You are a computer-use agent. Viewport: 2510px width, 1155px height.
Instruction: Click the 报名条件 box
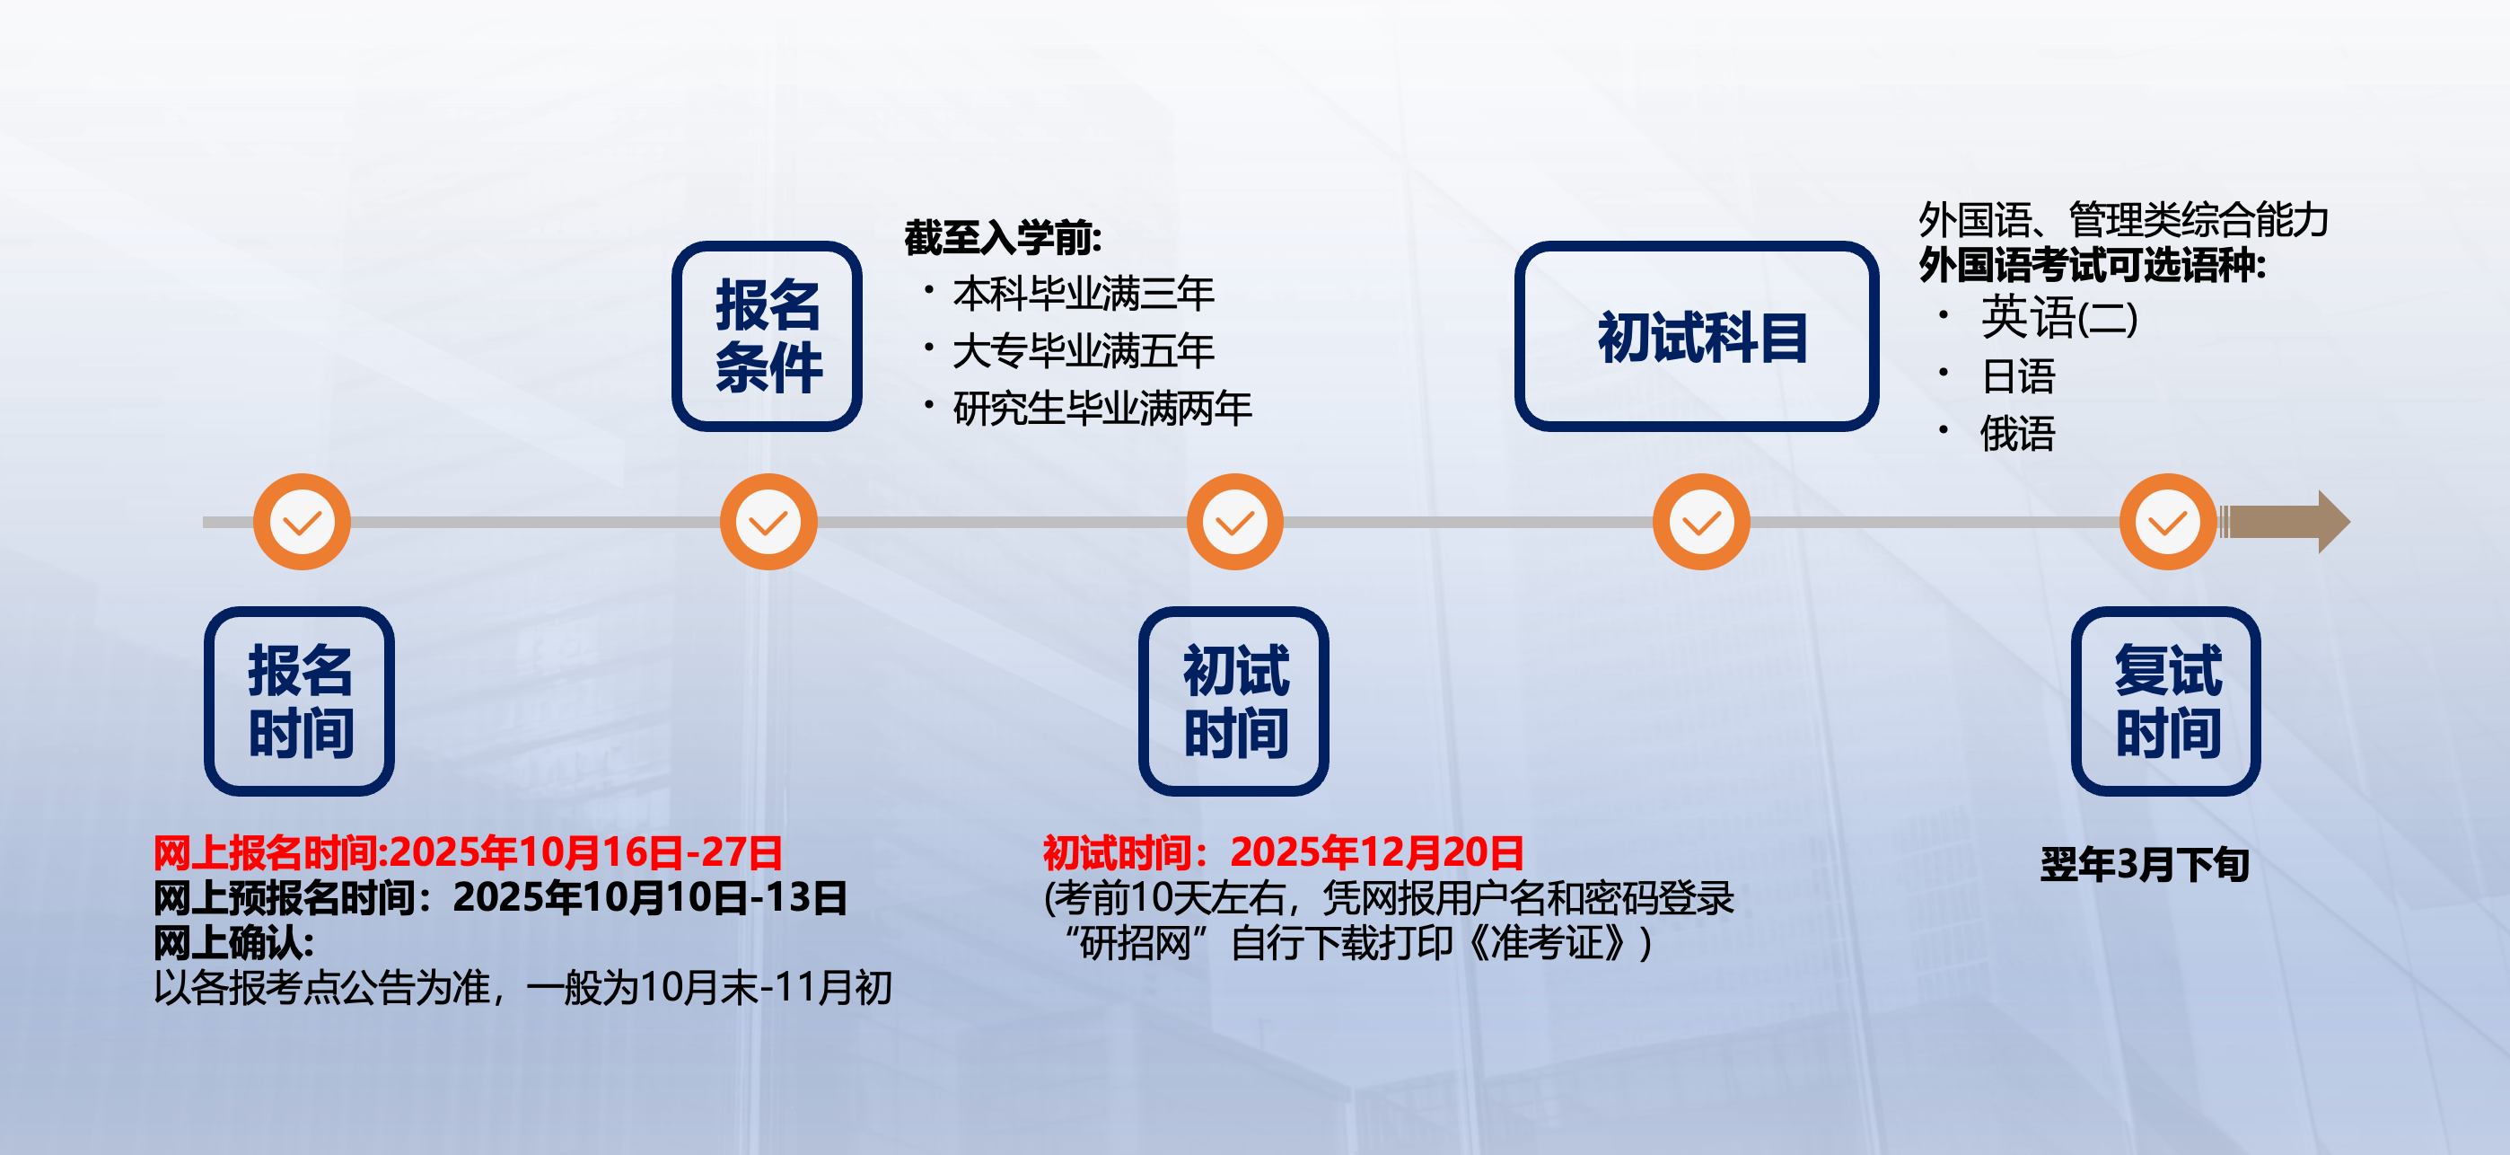[x=767, y=336]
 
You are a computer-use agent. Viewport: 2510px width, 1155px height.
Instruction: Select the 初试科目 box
[x=1697, y=336]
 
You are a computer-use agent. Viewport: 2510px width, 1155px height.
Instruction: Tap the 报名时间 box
[x=299, y=701]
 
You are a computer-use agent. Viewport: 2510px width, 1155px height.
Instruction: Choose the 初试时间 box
[x=1233, y=701]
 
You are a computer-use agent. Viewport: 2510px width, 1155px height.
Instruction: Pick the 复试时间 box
[x=2166, y=701]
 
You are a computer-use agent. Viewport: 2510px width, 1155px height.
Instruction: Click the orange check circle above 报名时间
[x=302, y=522]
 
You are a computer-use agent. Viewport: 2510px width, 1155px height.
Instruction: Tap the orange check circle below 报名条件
[x=768, y=522]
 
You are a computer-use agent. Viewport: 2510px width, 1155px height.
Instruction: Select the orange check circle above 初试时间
[x=1234, y=522]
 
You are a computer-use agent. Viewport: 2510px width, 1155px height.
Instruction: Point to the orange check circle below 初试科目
[x=1701, y=522]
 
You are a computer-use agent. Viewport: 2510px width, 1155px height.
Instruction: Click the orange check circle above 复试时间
[x=2168, y=522]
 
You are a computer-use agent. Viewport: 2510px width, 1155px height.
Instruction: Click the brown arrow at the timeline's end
[x=2284, y=522]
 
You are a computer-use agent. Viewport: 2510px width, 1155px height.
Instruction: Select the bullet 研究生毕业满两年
[x=1102, y=409]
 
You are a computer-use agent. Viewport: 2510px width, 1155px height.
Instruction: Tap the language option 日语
[x=2018, y=376]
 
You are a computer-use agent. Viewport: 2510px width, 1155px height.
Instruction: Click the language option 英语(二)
[x=2058, y=318]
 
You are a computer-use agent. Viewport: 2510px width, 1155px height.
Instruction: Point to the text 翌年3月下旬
[x=2145, y=865]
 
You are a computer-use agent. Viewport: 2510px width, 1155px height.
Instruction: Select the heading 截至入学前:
[x=1003, y=238]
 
